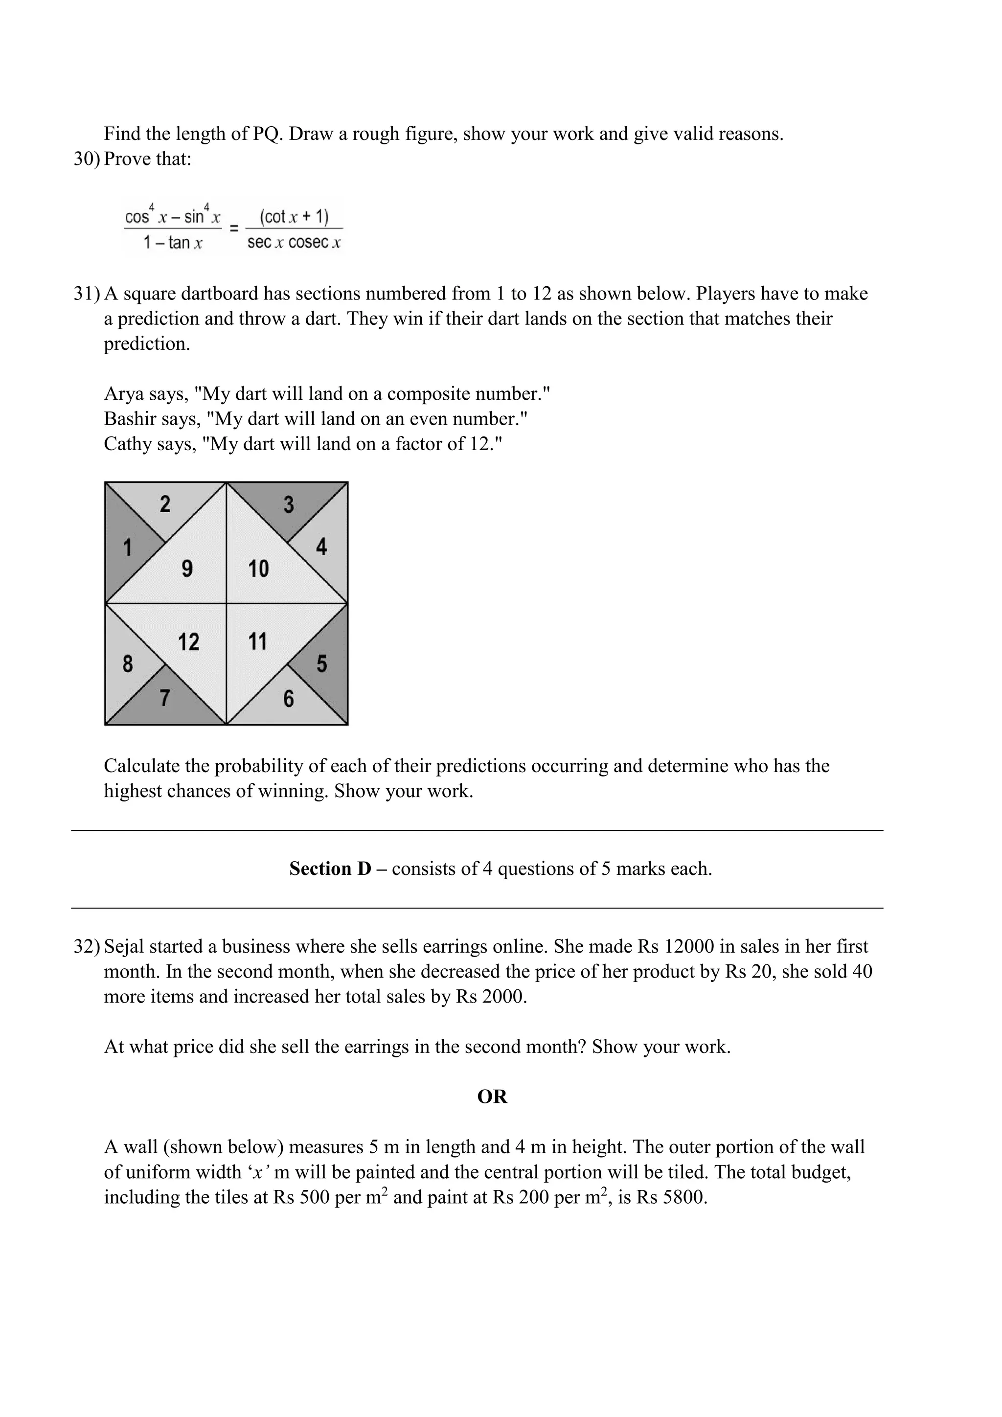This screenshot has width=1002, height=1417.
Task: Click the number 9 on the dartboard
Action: tap(187, 569)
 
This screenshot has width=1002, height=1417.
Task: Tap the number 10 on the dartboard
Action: tap(258, 569)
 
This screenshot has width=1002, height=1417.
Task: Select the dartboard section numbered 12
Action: tap(188, 642)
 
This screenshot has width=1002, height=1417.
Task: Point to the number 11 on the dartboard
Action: tap(257, 642)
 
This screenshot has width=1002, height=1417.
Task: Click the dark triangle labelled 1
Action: tap(127, 548)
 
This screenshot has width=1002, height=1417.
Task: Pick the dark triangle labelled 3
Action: tap(288, 505)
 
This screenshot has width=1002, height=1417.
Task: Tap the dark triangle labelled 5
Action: tap(321, 664)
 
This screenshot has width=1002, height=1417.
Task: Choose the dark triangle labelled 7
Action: tap(165, 698)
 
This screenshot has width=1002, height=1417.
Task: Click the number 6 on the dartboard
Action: tap(288, 699)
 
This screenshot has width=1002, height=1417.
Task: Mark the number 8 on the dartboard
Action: tap(127, 664)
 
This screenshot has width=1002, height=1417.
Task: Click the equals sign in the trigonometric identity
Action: tap(234, 229)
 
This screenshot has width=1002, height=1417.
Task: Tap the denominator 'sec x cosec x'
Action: tap(294, 243)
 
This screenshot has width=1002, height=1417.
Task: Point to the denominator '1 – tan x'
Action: tap(173, 243)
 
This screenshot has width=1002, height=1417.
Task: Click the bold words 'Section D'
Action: tap(330, 869)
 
